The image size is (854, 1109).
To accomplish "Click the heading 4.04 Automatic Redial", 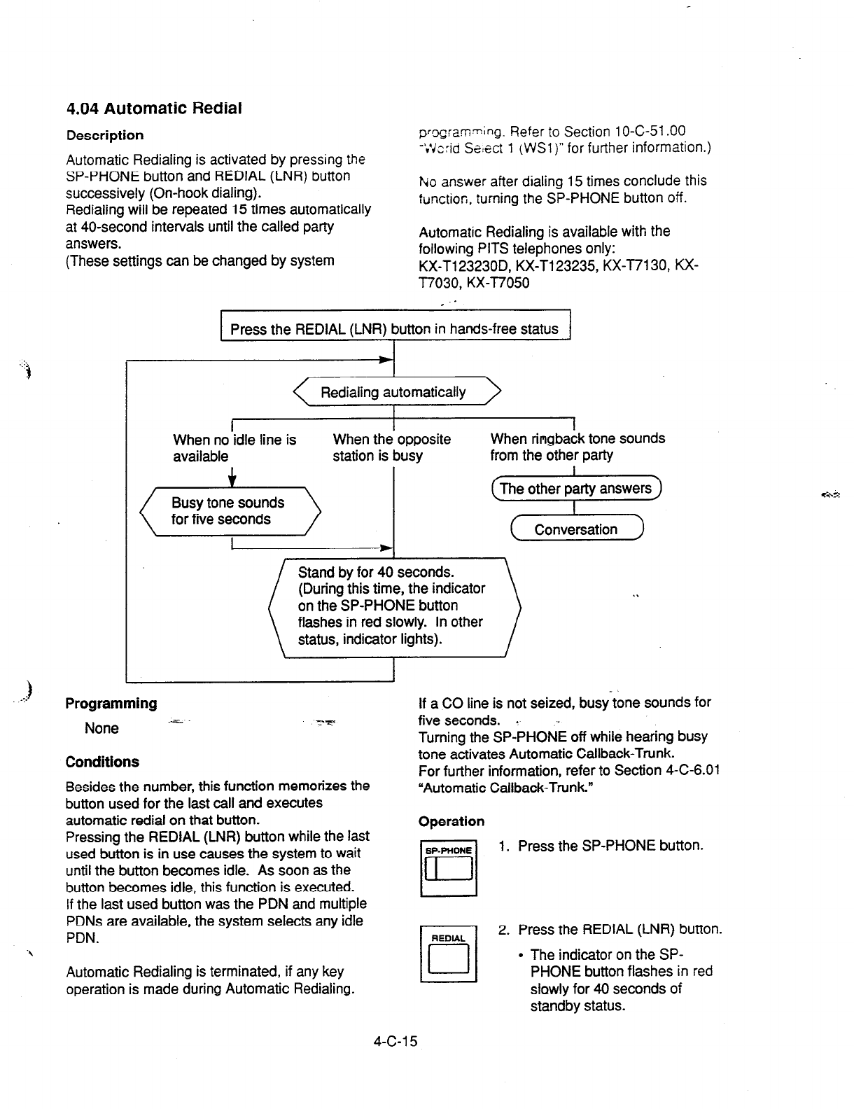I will (154, 109).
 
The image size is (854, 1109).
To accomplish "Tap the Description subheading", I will (105, 135).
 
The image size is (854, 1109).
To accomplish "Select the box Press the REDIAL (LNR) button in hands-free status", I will (395, 329).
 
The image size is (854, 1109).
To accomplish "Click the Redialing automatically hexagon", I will (393, 392).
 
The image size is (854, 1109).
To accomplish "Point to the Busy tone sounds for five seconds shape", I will (230, 511).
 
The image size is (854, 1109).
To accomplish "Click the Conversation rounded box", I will (576, 529).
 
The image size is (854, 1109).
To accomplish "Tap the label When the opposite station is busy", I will (392, 447).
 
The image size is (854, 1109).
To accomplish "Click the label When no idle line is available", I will (234, 448).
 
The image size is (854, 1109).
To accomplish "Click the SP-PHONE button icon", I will (449, 868).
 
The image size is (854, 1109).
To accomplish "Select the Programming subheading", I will (111, 704).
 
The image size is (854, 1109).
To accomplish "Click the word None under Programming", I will (101, 728).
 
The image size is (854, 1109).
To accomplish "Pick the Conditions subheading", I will (102, 762).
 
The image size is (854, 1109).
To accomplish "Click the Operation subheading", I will (451, 821).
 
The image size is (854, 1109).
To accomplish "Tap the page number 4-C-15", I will (395, 1041).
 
